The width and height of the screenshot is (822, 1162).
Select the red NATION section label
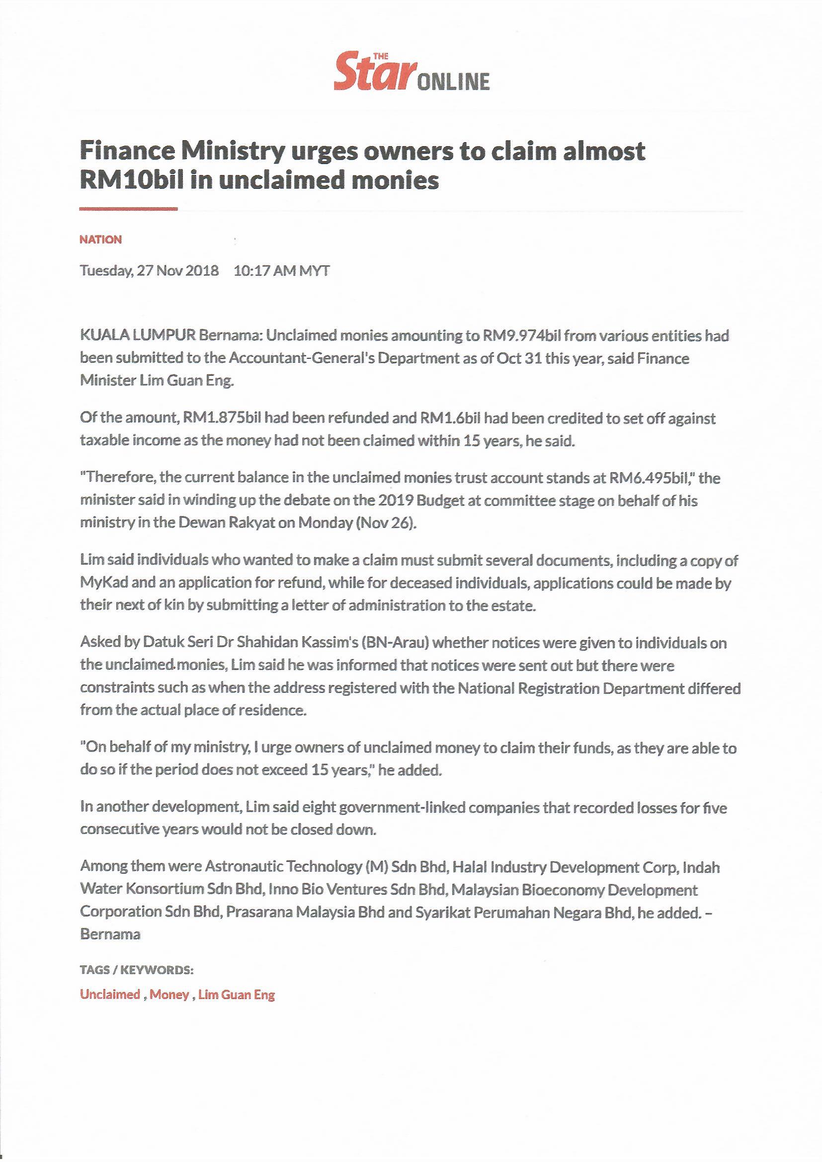pos(100,240)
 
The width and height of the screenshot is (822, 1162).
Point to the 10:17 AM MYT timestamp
pos(281,271)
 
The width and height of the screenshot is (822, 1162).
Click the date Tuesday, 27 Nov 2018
pos(149,271)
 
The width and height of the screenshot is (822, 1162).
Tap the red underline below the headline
pos(129,209)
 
